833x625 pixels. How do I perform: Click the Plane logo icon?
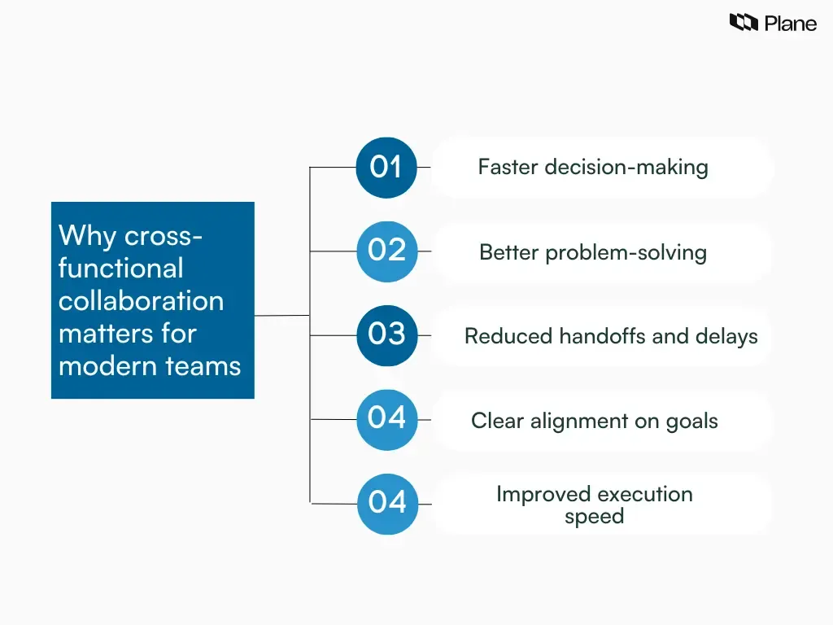pyautogui.click(x=744, y=23)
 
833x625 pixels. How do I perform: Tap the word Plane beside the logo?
pyautogui.click(x=790, y=24)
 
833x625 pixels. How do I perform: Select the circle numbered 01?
pyautogui.click(x=386, y=168)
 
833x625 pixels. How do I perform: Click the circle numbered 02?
pyautogui.click(x=386, y=251)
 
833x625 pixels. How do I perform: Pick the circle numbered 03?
pyautogui.click(x=386, y=335)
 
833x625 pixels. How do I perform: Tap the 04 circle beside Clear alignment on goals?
pyautogui.click(x=386, y=419)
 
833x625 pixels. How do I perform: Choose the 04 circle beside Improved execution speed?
pyautogui.click(x=386, y=504)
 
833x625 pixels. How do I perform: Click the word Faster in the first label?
pyautogui.click(x=508, y=168)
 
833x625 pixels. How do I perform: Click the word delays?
pyautogui.click(x=726, y=336)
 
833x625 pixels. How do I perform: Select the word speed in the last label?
pyautogui.click(x=594, y=517)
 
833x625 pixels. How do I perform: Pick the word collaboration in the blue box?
pyautogui.click(x=141, y=301)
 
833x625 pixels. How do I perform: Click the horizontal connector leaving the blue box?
pyautogui.click(x=281, y=315)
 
